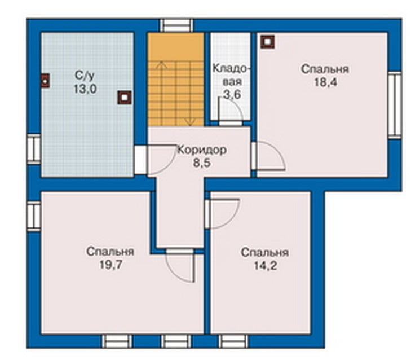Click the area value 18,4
[325, 82]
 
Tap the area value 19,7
[110, 265]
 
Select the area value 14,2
[265, 266]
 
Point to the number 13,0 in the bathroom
[85, 89]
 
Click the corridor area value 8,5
[202, 163]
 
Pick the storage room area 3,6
[232, 94]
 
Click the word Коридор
[202, 150]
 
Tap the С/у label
[85, 76]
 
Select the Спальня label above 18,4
[325, 69]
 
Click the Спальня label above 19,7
[110, 252]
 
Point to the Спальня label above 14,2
[264, 253]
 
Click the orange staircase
[176, 80]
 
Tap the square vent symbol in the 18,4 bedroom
[268, 42]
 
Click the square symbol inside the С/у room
[124, 98]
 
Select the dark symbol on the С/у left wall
[45, 81]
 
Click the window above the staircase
[176, 25]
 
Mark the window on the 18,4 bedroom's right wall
[395, 105]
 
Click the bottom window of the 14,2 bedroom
[233, 341]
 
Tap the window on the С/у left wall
[34, 149]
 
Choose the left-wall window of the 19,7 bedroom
[34, 216]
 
